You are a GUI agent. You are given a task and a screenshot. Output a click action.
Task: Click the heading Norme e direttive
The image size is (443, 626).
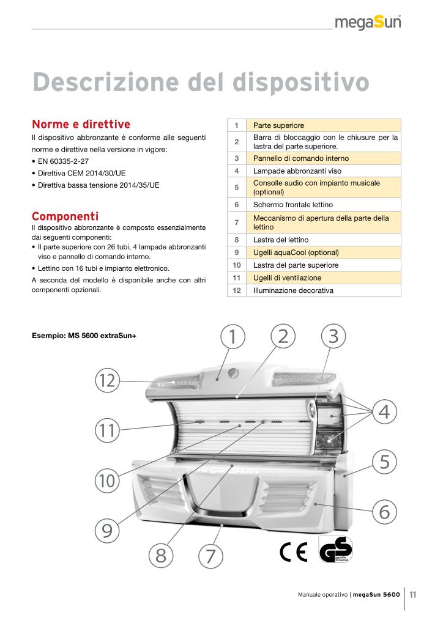[x=81, y=124]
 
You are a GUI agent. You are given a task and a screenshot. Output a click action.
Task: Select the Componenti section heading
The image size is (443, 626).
[x=65, y=216]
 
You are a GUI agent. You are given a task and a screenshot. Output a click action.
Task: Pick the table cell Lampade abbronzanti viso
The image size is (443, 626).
[x=297, y=171]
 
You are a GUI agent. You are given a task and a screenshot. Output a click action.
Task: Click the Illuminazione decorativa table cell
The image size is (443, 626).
[x=293, y=290]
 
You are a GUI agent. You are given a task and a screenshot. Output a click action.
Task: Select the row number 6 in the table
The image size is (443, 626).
[x=236, y=205]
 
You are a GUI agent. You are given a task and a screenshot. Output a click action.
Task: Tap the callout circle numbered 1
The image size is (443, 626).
[x=233, y=336]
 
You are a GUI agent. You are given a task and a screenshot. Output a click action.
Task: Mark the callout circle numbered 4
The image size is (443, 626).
[x=384, y=411]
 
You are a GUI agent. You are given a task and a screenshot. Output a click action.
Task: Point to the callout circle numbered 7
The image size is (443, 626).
[x=210, y=556]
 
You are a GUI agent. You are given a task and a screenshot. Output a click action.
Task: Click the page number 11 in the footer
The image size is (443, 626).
[x=413, y=594]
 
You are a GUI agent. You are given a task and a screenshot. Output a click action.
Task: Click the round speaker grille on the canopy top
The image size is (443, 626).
[x=232, y=373]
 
